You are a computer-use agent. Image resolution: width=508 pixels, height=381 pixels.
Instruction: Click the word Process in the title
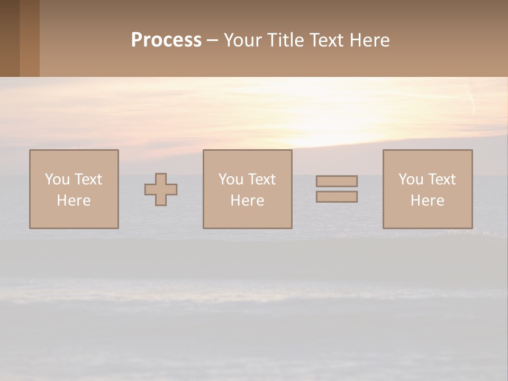(x=166, y=40)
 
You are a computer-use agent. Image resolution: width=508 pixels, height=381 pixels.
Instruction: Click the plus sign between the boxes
(x=161, y=189)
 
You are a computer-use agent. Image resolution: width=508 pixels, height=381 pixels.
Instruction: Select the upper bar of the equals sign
(x=337, y=181)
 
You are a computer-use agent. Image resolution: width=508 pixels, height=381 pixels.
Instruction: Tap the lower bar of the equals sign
(x=337, y=197)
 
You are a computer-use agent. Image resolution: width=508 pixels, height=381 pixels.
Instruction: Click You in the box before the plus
(x=57, y=179)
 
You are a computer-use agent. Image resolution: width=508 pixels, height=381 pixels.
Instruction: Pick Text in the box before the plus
(x=88, y=179)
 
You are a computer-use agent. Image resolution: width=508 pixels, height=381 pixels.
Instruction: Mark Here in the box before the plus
(x=74, y=201)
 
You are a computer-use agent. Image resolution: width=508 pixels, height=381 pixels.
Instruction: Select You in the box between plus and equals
(x=231, y=179)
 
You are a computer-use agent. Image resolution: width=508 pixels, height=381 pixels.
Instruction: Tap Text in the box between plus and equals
(x=261, y=179)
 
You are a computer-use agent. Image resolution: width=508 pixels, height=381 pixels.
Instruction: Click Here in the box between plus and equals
(x=247, y=201)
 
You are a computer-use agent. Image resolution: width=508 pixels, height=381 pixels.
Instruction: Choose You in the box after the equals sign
(x=411, y=179)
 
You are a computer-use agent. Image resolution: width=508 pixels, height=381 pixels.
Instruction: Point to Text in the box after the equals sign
(x=441, y=179)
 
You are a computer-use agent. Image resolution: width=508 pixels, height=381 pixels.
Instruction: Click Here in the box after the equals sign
(x=427, y=201)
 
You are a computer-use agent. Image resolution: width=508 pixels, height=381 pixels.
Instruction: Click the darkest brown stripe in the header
(x=10, y=38)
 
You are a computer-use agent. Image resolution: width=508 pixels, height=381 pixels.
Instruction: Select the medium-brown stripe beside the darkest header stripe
(x=30, y=38)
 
